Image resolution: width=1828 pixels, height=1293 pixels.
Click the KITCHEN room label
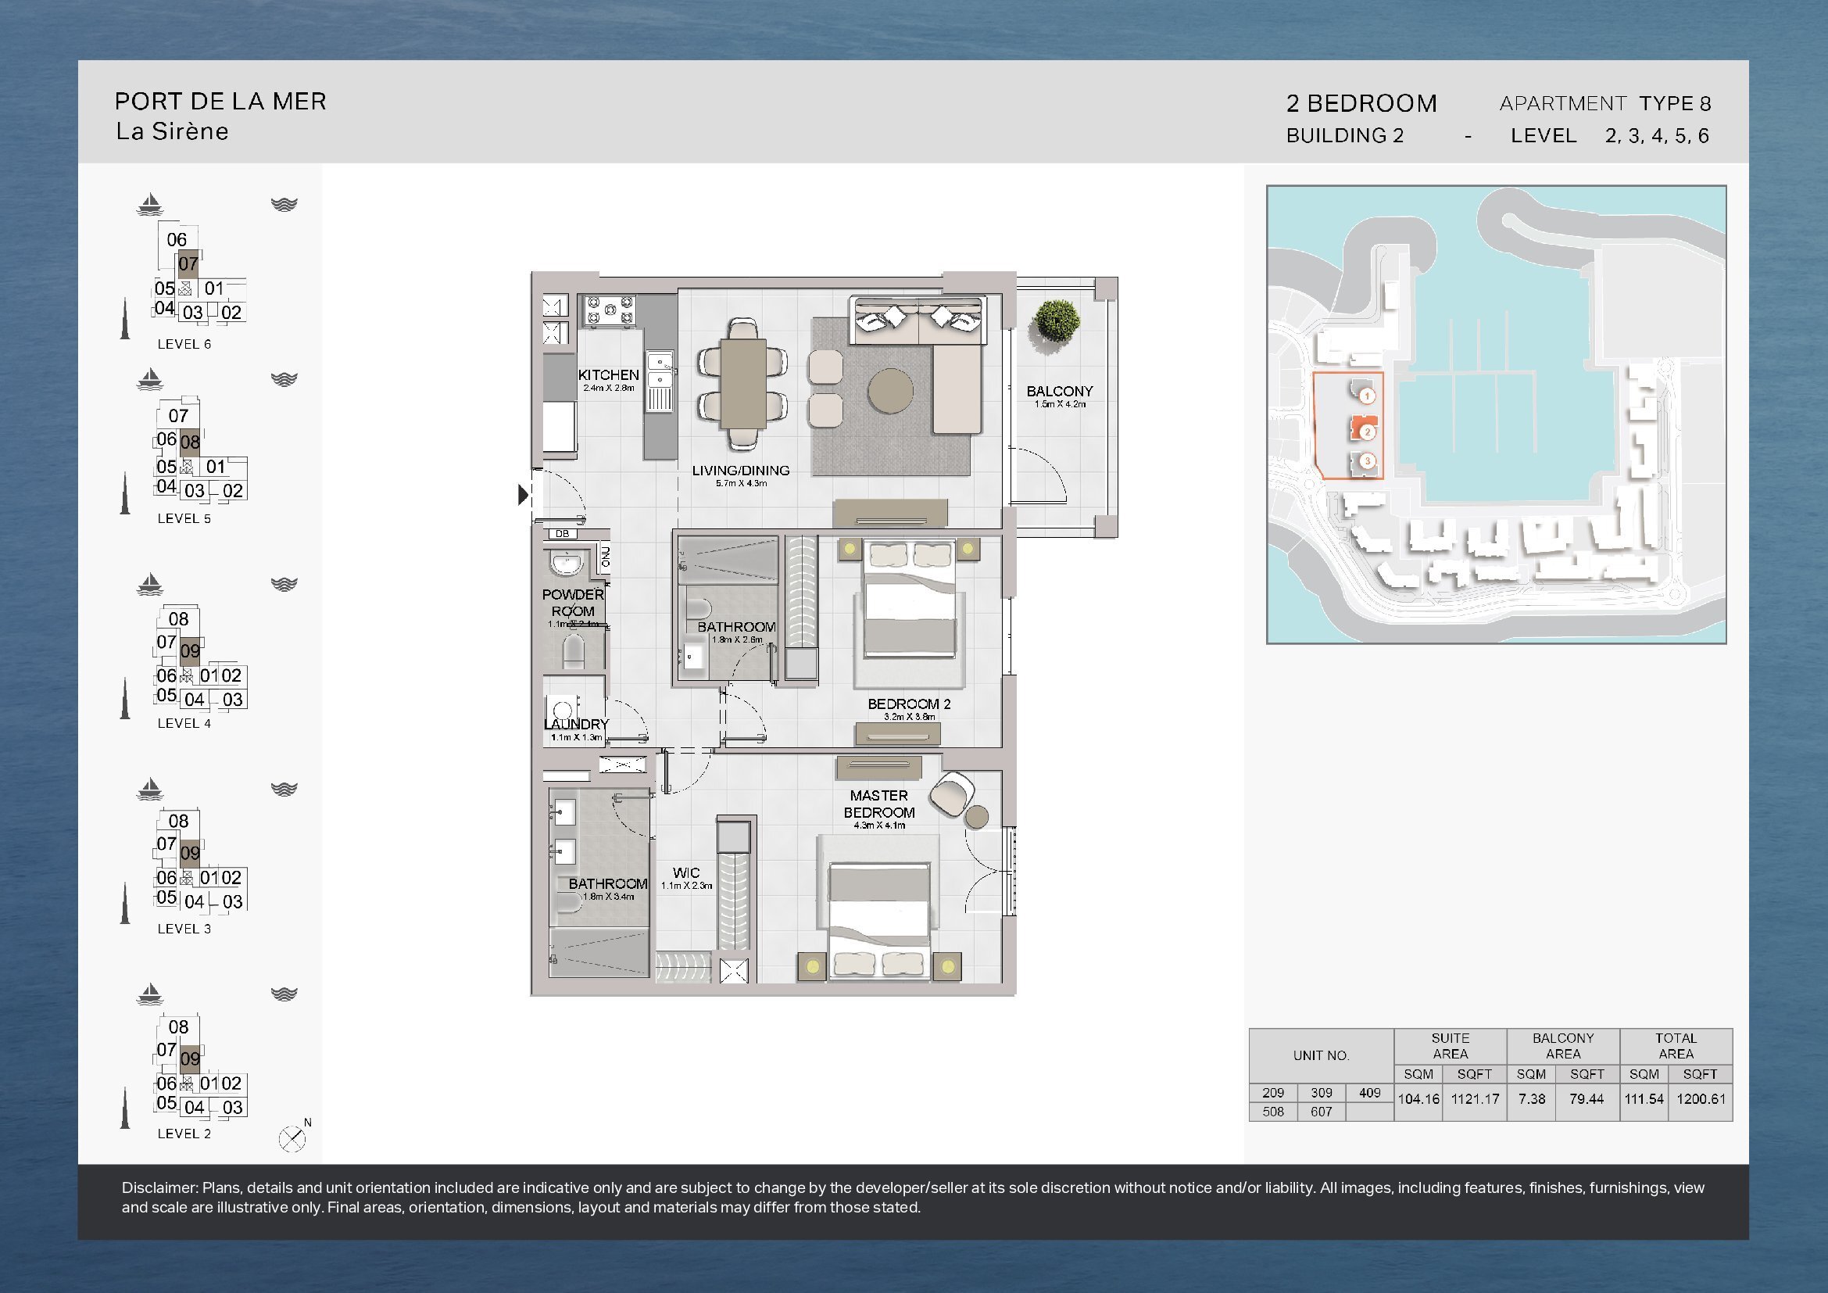tap(608, 374)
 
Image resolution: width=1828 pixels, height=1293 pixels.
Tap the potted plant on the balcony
tap(1056, 321)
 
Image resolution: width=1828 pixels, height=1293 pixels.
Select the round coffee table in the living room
tap(890, 391)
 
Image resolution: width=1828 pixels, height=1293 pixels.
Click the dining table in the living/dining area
tap(743, 384)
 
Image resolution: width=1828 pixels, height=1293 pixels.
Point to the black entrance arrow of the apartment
tap(523, 494)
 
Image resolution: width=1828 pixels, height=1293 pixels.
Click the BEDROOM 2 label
tap(908, 704)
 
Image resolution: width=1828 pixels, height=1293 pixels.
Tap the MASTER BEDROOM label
tap(879, 804)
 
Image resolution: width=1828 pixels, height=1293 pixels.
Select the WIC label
tap(685, 872)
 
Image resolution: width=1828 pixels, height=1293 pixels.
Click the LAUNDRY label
tap(576, 724)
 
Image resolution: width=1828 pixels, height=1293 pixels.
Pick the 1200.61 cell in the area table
tap(1701, 1098)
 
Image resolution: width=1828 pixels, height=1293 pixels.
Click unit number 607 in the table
tap(1321, 1112)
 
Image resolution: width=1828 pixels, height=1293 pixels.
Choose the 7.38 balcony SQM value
tap(1531, 1098)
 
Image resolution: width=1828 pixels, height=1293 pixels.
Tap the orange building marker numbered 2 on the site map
tap(1365, 429)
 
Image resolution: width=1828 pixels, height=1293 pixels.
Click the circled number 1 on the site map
tap(1367, 396)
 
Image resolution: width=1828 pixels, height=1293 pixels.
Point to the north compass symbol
tap(292, 1138)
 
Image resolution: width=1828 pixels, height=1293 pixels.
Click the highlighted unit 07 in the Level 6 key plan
tap(188, 263)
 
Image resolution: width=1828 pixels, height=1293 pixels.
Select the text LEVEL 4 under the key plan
tap(184, 723)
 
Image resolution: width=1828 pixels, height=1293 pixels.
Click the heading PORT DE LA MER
tap(220, 101)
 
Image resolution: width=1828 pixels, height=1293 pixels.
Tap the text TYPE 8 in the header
tap(1674, 102)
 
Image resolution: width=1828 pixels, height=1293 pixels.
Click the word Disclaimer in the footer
tap(160, 1187)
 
